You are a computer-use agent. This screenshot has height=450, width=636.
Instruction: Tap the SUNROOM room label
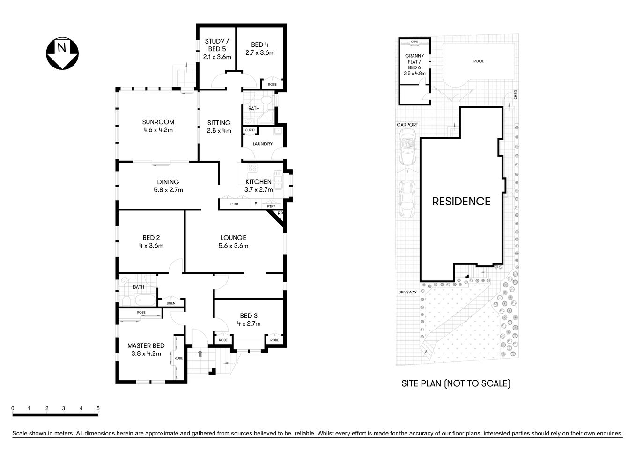coord(158,122)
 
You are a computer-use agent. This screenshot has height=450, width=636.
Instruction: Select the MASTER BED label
coord(146,346)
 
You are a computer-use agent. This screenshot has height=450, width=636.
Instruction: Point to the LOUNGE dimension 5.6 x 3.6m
coord(233,246)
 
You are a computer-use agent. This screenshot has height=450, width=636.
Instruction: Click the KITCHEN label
coord(258,182)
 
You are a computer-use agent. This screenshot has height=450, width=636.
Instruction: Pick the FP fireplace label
coord(280,214)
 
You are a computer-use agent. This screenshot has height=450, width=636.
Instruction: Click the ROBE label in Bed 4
coord(272,85)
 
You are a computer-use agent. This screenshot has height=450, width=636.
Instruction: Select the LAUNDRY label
coord(262,144)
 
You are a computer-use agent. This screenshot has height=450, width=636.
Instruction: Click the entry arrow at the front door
coord(200,353)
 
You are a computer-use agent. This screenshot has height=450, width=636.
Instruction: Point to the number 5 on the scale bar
coord(98,408)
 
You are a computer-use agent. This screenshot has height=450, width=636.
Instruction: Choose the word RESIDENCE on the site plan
coord(461,202)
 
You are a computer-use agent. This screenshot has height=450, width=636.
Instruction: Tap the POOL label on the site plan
coord(478,61)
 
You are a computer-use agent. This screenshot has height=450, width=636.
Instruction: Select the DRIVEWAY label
coord(407,292)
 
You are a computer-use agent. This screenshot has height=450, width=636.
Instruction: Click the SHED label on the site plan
coord(515,94)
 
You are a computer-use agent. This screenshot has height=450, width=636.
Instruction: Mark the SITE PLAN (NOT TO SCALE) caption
coord(456,383)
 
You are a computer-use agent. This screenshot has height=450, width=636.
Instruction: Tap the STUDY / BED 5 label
coord(217,49)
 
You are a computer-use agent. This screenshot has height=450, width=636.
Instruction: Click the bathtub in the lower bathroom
coord(141,300)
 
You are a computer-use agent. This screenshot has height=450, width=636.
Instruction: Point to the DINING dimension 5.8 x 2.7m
coord(168,190)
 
